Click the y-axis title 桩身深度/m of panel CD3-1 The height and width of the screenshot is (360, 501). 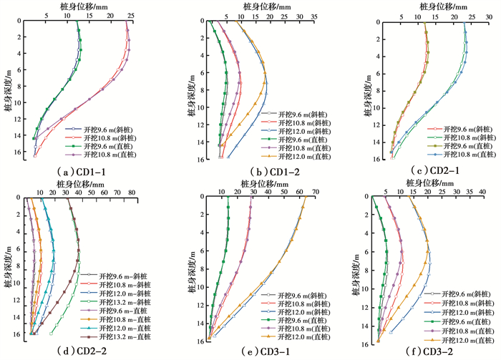coord(192,269)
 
